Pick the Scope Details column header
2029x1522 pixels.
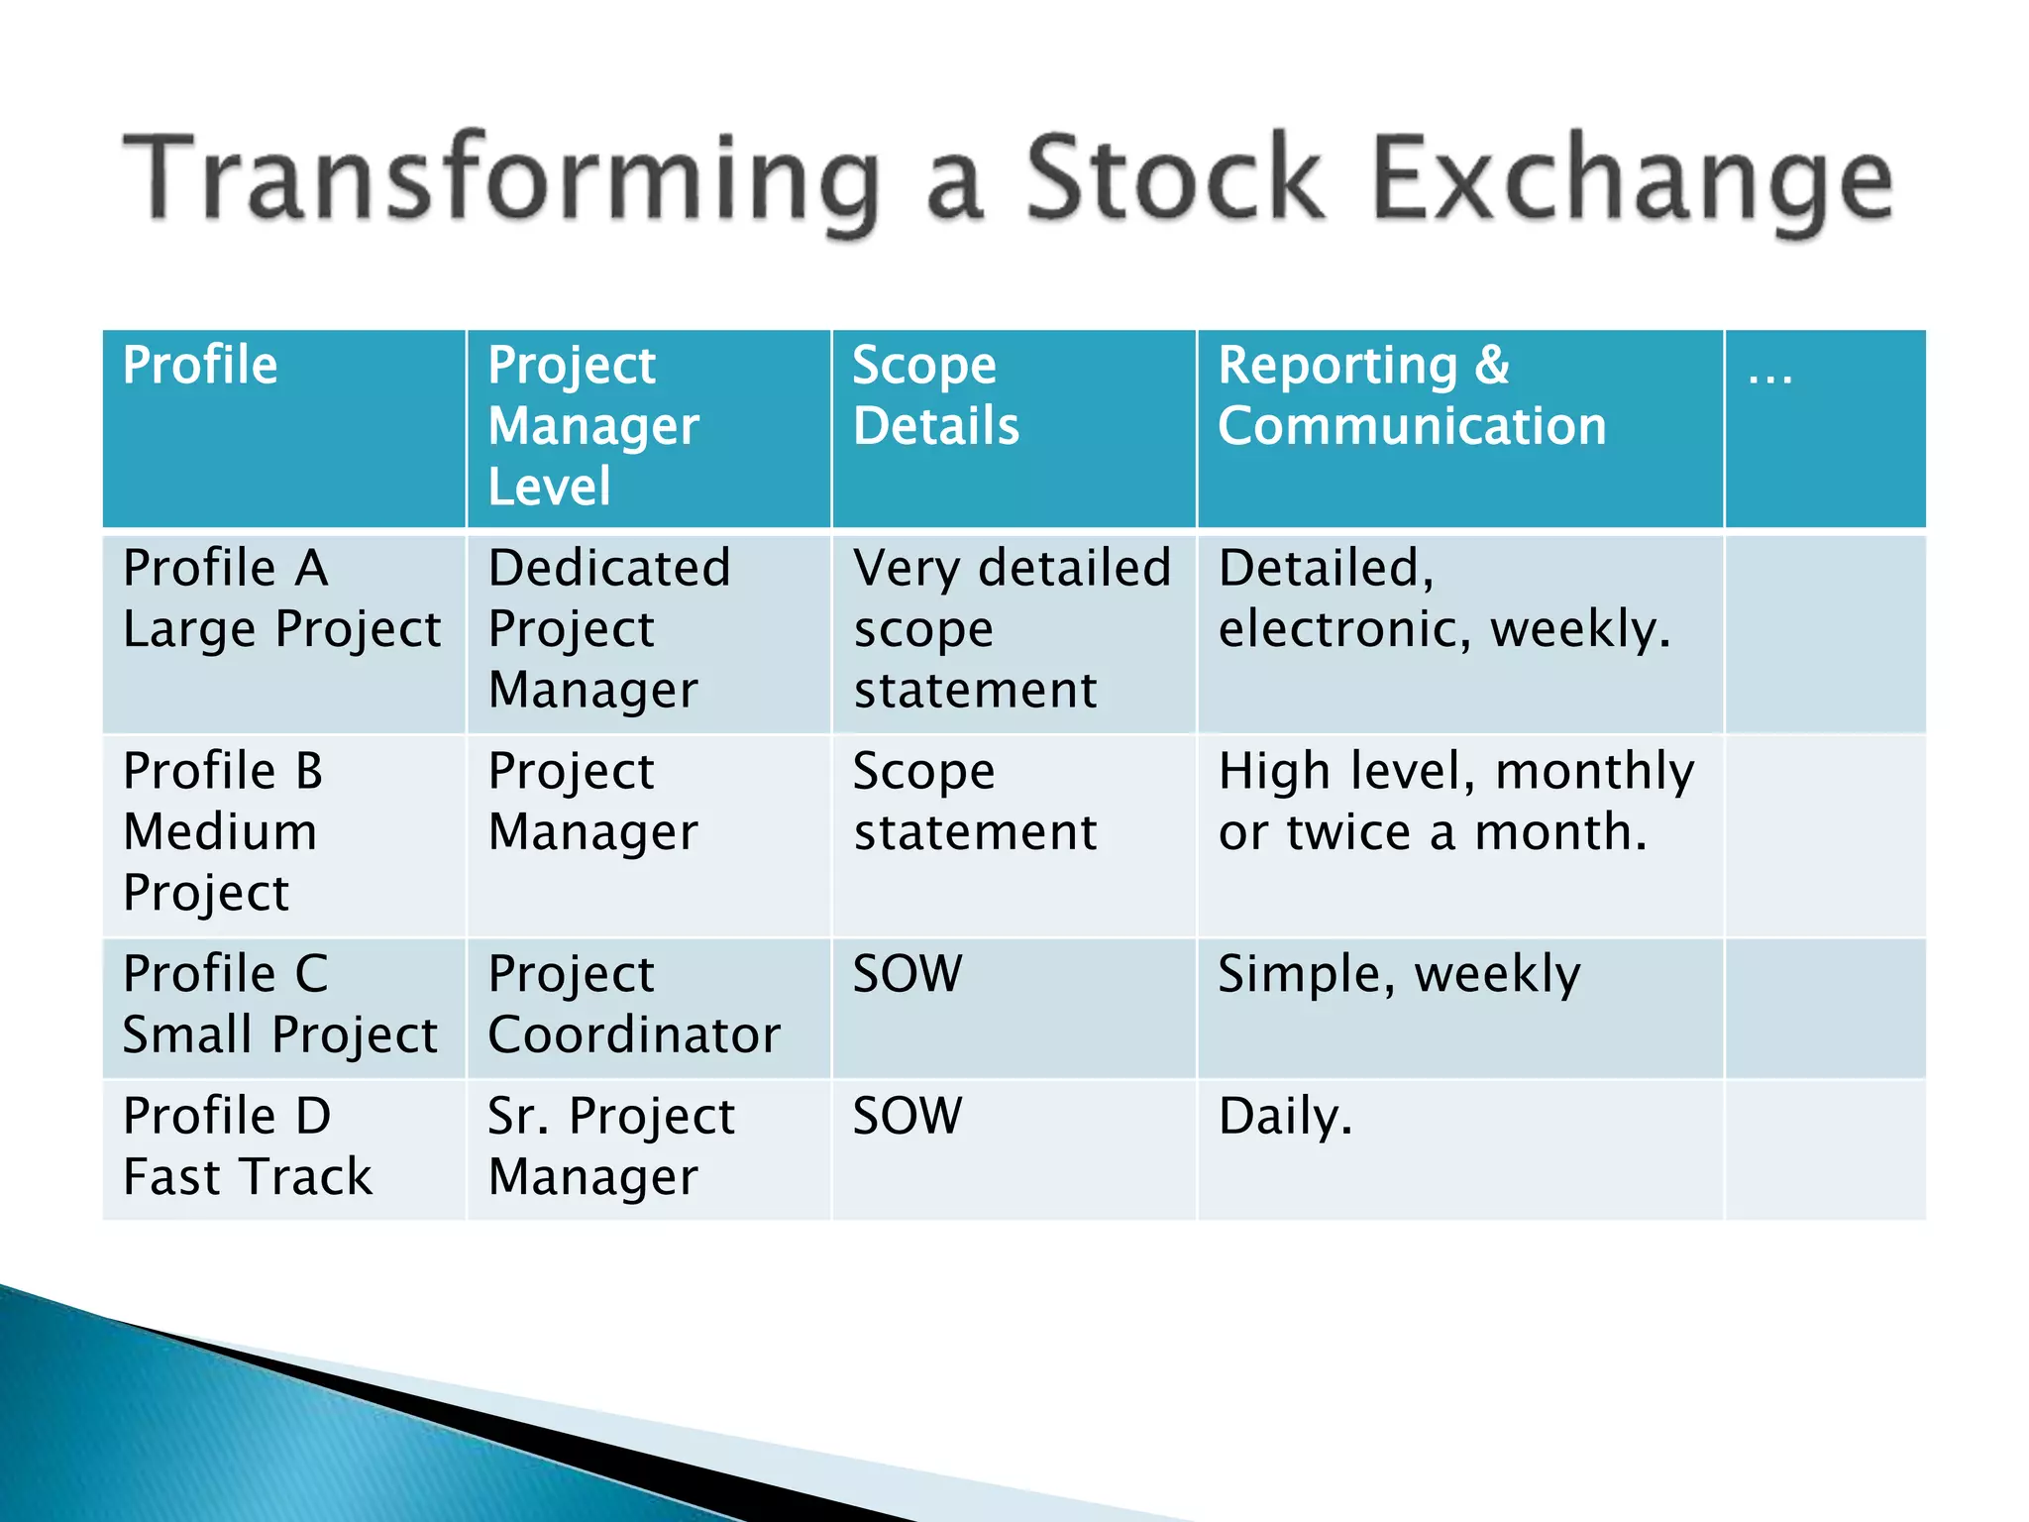935,395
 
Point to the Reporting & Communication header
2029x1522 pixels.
1411,395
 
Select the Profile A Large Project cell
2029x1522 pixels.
281,598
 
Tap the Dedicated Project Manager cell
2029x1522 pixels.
608,628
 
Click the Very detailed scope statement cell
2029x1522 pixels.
1011,628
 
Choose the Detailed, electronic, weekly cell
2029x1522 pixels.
1442,598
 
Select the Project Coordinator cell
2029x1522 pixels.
634,1004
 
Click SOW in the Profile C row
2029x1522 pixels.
907,974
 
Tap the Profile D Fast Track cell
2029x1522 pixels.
248,1146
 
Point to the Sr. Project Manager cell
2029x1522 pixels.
610,1146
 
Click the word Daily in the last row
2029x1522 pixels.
1284,1117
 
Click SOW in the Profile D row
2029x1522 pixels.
907,1117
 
